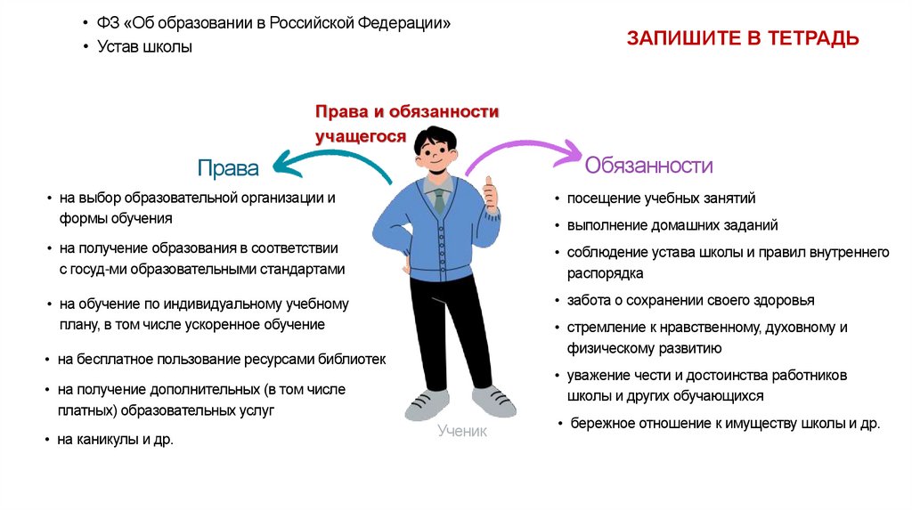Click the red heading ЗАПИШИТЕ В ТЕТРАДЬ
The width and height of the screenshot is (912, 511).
point(743,38)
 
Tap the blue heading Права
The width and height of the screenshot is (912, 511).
point(228,168)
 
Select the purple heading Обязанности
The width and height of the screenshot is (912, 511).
point(648,166)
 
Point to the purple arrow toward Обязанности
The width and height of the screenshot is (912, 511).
point(525,149)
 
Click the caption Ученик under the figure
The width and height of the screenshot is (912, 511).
point(462,431)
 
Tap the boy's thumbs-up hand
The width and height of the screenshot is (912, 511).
point(490,191)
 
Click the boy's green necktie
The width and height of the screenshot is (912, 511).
point(438,199)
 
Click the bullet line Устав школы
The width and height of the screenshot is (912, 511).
point(144,46)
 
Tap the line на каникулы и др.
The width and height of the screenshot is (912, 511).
point(115,440)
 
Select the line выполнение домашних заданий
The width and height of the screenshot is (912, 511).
point(665,225)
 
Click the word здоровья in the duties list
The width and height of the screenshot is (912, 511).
point(785,300)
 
